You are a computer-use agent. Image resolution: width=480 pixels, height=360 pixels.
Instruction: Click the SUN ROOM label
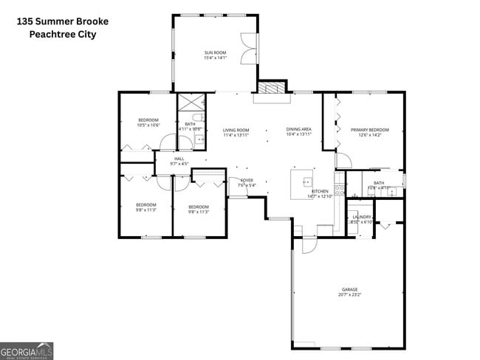coord(215,52)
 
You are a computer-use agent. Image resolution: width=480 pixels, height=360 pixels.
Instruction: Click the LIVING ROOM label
coord(236,131)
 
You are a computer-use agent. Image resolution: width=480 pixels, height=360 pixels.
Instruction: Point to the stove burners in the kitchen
coord(339,190)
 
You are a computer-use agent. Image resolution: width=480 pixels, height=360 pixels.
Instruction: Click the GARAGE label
coord(349,290)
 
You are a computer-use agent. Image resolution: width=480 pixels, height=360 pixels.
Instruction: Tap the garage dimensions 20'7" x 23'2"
coord(349,296)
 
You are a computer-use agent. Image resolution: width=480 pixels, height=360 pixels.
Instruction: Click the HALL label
coord(179,159)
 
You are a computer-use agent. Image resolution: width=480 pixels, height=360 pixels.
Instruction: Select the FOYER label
coord(247,180)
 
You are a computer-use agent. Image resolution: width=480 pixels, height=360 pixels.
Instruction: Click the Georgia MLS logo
coord(27,350)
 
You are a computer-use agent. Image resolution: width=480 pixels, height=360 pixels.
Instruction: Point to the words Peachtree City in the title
coord(63,35)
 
